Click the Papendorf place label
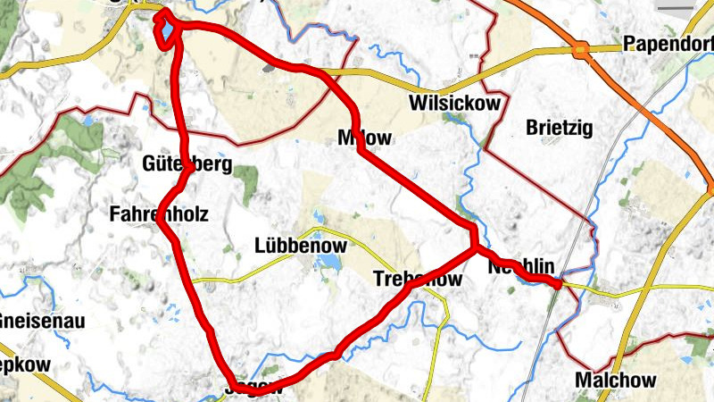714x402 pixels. (x=668, y=44)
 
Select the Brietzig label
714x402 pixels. (x=560, y=128)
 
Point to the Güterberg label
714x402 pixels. (x=187, y=163)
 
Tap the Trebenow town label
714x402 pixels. (x=418, y=280)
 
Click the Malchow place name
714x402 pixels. (x=616, y=381)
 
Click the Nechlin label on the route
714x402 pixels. (x=522, y=266)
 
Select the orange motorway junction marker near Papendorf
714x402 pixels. (x=582, y=51)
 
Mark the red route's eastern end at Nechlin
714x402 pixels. (x=558, y=284)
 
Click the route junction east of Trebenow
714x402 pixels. (x=475, y=248)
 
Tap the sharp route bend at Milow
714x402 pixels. (x=361, y=150)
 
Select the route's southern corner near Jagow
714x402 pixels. (x=235, y=386)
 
